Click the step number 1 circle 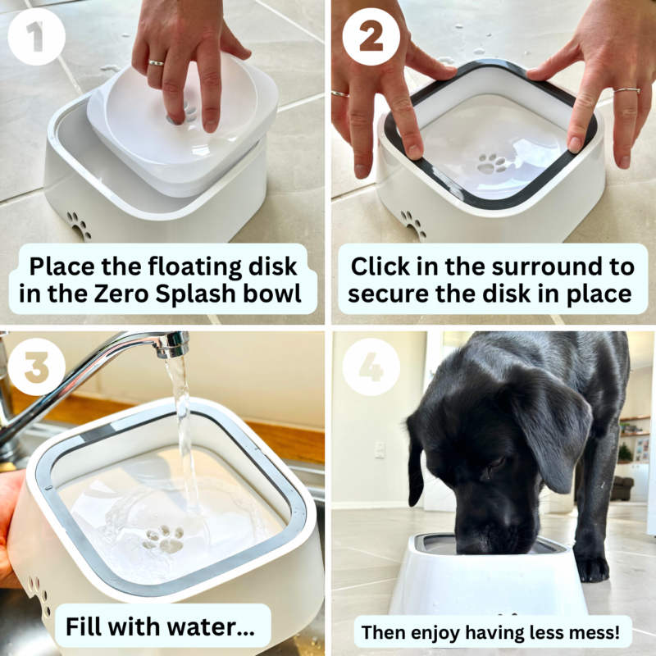36,36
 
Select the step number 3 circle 36,367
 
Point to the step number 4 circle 371,367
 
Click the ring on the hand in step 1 155,62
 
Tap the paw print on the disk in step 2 492,162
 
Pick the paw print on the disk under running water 162,539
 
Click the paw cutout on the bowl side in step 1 79,224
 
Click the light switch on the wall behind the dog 379,449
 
